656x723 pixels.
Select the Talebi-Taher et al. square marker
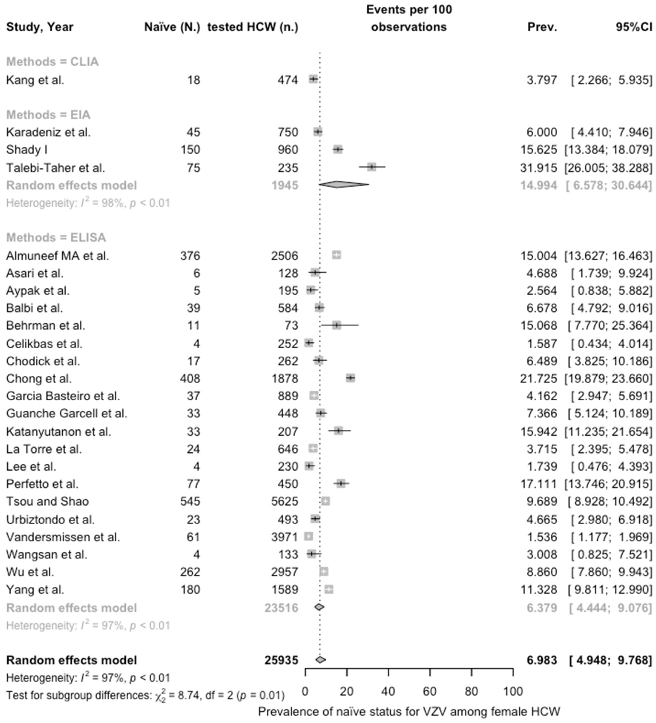click(372, 167)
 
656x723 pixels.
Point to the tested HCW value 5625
click(285, 501)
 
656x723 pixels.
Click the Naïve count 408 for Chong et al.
click(190, 379)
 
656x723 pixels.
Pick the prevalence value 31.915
click(538, 168)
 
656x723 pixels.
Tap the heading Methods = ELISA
click(56, 237)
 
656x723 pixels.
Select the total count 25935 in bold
click(281, 660)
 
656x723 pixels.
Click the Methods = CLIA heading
click(52, 62)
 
